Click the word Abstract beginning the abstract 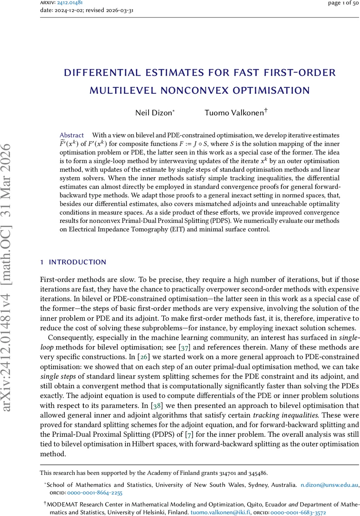coord(71,135)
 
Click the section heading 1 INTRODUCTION coord(73,262)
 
